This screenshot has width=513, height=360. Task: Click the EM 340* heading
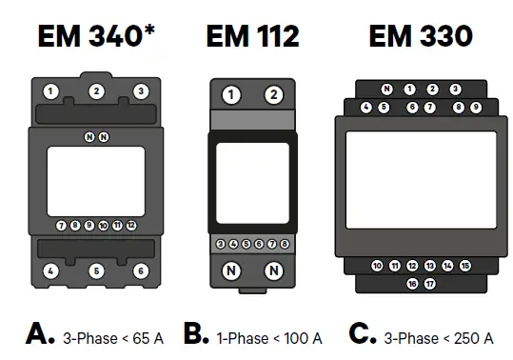click(95, 36)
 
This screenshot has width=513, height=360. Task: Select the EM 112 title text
click(252, 36)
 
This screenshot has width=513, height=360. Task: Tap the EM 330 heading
click(420, 36)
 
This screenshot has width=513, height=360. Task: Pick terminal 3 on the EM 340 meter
click(141, 91)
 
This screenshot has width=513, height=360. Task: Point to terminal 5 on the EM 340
click(96, 271)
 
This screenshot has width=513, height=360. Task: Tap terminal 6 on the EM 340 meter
click(141, 271)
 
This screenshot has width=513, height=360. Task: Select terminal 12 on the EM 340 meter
click(131, 226)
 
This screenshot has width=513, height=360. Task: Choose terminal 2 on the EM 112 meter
click(274, 94)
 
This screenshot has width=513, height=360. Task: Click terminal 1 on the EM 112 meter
click(230, 94)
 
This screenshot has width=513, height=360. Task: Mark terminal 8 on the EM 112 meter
click(285, 245)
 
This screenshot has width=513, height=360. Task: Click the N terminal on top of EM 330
click(386, 90)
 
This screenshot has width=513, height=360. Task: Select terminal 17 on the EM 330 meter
click(430, 284)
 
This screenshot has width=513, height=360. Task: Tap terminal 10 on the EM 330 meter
click(377, 266)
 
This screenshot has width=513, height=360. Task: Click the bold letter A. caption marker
click(41, 335)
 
